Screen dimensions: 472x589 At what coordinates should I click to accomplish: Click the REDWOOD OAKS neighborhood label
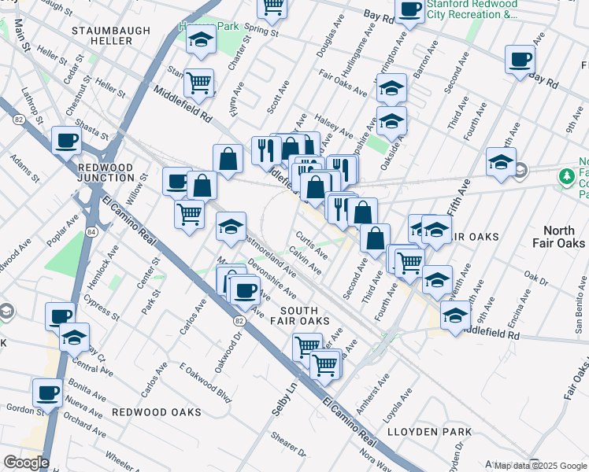tap(150, 412)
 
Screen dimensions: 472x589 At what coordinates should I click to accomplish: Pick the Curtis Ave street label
tap(312, 245)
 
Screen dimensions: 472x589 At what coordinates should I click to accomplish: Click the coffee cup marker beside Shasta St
tap(66, 141)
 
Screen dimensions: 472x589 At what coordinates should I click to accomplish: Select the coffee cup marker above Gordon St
tap(46, 393)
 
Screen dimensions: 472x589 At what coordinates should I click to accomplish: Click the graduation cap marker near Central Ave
tap(74, 337)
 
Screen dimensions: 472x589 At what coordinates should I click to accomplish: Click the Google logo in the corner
tap(26, 463)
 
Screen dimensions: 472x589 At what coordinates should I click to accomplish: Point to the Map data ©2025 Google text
tap(540, 466)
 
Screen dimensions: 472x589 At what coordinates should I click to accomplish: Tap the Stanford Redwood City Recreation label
tap(472, 9)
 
